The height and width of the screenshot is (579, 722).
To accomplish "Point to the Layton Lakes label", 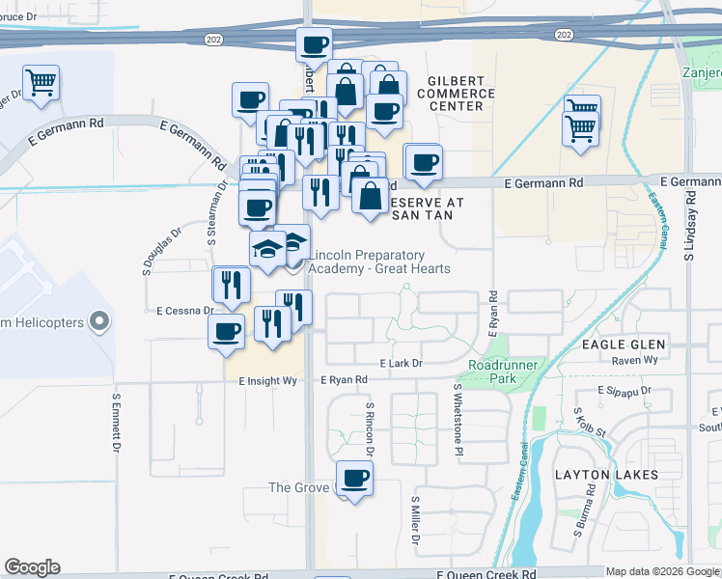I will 606,475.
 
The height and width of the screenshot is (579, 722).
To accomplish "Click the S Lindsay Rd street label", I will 690,226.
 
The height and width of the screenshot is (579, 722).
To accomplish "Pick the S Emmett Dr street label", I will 115,423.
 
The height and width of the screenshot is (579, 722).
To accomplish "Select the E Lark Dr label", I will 402,363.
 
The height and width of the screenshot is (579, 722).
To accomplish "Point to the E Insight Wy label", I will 267,381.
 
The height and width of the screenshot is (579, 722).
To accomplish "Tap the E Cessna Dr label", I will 184,311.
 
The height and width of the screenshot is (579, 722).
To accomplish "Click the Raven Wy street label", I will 634,359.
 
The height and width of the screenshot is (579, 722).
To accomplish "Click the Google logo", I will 33,567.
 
